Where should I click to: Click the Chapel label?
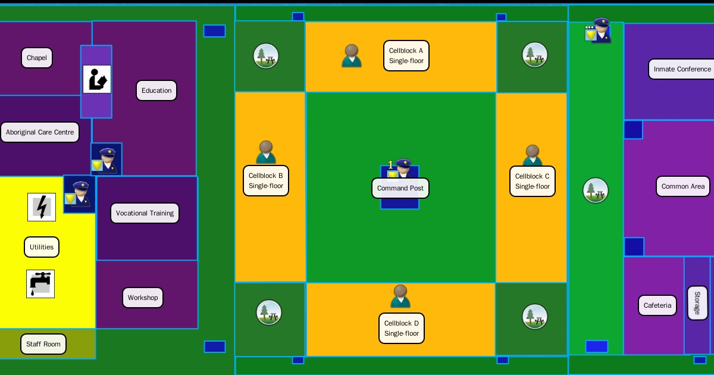click(x=37, y=58)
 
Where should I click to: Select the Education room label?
click(x=156, y=90)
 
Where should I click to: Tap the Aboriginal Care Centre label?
click(x=40, y=132)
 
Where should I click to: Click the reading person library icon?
click(x=97, y=79)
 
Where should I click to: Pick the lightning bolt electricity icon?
click(x=42, y=207)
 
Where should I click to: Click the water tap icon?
click(x=40, y=283)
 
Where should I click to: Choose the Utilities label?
click(x=42, y=247)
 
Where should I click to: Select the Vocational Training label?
click(x=145, y=213)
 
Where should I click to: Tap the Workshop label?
click(x=143, y=298)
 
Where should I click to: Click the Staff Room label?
click(x=43, y=344)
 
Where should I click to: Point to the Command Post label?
click(x=400, y=188)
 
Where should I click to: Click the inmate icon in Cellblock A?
click(x=352, y=55)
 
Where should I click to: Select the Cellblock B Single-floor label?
click(x=266, y=181)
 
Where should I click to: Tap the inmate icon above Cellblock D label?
click(x=400, y=296)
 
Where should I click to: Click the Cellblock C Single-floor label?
click(x=533, y=182)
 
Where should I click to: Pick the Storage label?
click(x=697, y=303)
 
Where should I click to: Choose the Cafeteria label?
click(x=657, y=305)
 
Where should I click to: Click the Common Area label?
click(x=683, y=186)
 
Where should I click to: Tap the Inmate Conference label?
click(x=682, y=69)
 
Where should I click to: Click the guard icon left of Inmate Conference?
click(x=598, y=30)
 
